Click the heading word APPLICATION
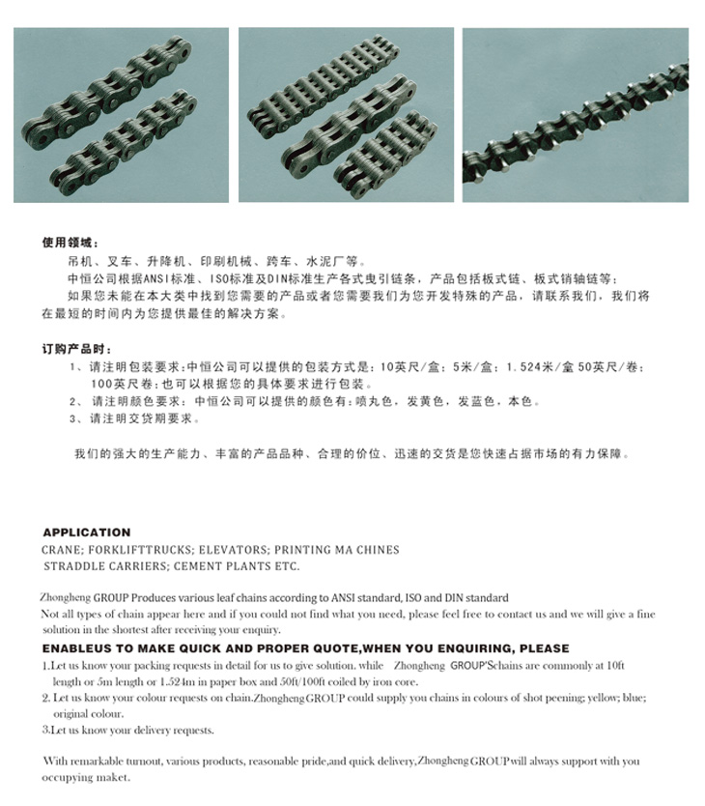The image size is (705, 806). point(86,532)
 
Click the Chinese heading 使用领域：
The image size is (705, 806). point(70,243)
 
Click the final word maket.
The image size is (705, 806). point(111,777)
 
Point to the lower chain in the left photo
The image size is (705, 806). point(145,145)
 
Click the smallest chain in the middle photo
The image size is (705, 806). point(381,155)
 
